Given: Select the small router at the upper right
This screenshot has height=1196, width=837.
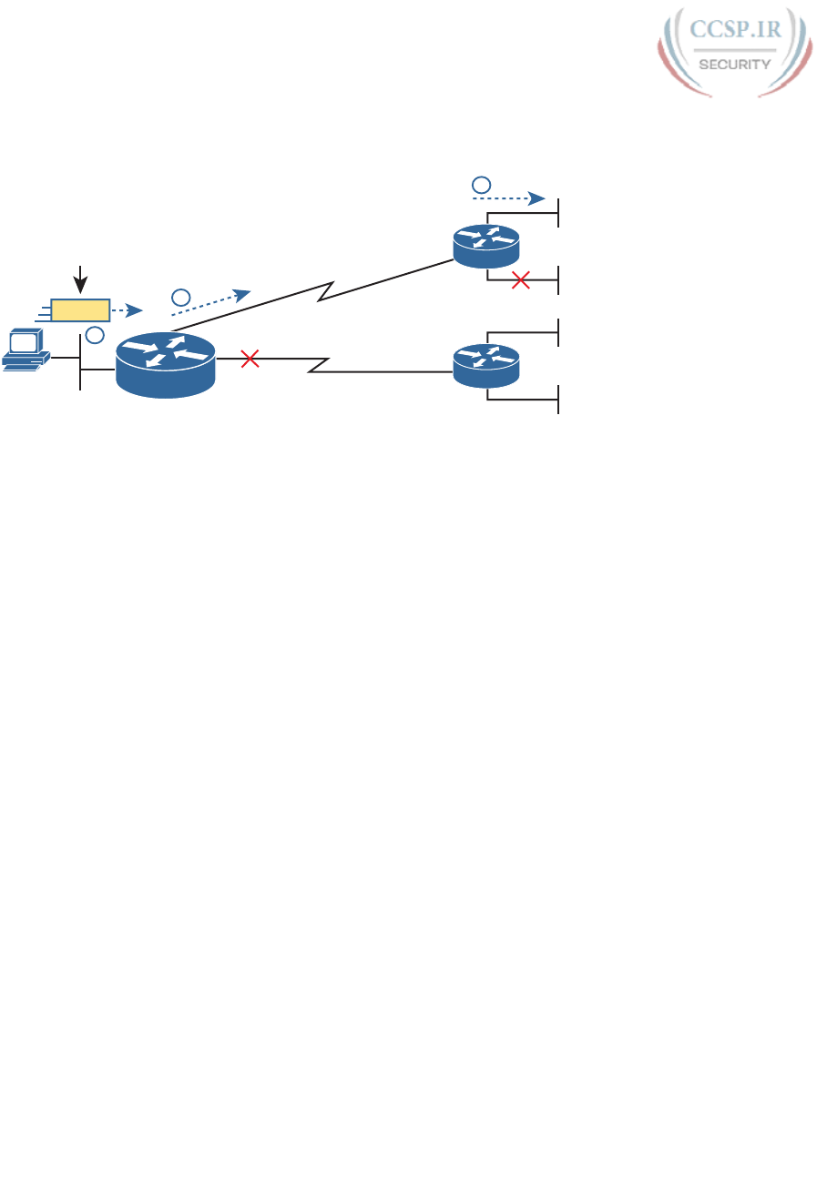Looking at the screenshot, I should [486, 245].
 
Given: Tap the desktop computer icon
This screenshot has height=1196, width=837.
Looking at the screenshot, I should [25, 348].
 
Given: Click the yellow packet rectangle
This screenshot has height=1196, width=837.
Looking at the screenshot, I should [80, 310].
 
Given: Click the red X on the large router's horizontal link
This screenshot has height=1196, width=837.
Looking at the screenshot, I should [250, 360].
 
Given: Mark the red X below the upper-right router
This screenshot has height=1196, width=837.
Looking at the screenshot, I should [521, 280].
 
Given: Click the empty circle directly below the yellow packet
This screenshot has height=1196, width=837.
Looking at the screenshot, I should [94, 336].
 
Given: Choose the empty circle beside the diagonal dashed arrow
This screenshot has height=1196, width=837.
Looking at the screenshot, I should [180, 297].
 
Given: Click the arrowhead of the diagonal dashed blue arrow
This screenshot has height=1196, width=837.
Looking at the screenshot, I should [241, 294].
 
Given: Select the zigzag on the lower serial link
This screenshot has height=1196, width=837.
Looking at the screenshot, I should [318, 366].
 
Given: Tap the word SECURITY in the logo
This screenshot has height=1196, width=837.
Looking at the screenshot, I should [733, 65].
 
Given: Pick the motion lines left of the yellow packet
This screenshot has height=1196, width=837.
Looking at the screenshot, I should [42, 311].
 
